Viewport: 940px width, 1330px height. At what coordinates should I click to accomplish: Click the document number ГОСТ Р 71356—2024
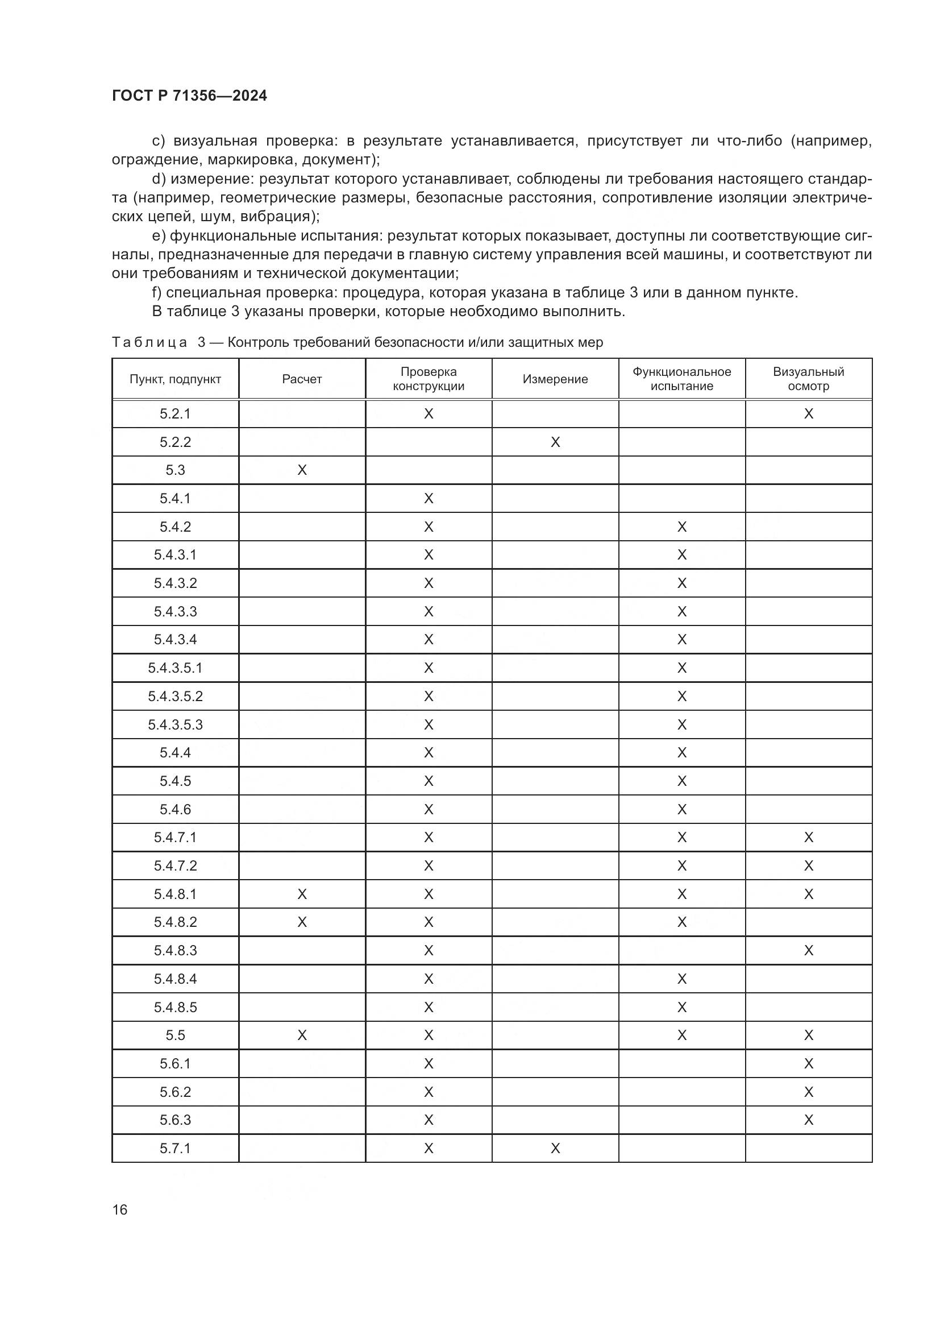pos(189,96)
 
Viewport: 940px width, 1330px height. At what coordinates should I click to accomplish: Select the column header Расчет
pos(302,379)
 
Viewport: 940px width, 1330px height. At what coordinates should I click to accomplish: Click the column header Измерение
pos(555,379)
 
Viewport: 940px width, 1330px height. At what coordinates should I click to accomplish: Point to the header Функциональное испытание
pos(681,379)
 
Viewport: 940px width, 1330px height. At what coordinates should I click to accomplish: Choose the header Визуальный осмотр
pos(808,379)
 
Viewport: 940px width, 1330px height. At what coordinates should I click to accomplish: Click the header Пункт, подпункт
pos(176,379)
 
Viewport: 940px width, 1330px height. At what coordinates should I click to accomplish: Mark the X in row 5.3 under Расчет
pos(302,470)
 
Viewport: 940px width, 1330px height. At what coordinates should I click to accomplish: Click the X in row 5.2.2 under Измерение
pos(555,442)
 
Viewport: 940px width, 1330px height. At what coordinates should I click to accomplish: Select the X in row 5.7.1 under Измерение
pos(555,1148)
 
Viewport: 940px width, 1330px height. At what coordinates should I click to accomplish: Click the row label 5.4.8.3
pos(176,951)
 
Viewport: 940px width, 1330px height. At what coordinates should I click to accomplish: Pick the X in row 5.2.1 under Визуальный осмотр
pos(808,413)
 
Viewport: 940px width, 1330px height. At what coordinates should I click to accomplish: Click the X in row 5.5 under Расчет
pos(302,1035)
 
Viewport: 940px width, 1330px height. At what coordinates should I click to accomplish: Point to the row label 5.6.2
pos(176,1092)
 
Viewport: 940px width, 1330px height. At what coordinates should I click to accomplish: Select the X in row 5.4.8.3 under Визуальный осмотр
pos(808,951)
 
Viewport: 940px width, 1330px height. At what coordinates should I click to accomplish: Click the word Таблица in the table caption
pos(149,342)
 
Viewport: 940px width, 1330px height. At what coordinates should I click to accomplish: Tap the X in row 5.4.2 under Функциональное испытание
pos(681,527)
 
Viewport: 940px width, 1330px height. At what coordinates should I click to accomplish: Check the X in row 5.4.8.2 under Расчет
pos(302,922)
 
